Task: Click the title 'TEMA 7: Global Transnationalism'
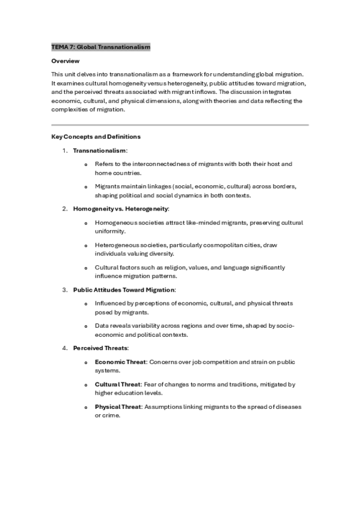click(100, 47)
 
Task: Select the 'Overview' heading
click(66, 61)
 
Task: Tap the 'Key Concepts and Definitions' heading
click(96, 137)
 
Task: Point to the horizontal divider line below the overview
click(180, 124)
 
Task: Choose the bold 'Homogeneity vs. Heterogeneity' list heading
click(121, 209)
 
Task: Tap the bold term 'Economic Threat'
click(120, 362)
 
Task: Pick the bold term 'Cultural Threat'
click(118, 384)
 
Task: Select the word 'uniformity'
click(110, 231)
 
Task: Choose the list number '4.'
click(65, 348)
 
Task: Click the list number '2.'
click(65, 209)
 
